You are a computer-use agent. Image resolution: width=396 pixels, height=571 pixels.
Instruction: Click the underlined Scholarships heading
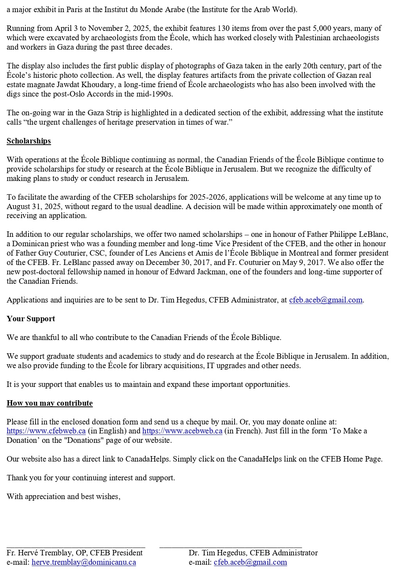tap(29, 141)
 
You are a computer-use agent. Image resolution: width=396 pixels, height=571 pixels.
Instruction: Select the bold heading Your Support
tap(31, 319)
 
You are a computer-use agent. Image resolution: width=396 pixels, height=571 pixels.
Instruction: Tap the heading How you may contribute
tap(50, 403)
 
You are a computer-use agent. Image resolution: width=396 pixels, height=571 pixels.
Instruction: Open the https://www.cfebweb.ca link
tap(46, 431)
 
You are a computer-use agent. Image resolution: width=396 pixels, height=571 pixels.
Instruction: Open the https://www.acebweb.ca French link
tap(182, 431)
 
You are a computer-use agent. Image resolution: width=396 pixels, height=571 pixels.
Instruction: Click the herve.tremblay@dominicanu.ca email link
tap(84, 562)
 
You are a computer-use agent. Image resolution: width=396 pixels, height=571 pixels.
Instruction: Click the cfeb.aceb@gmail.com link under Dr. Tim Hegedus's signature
tap(250, 562)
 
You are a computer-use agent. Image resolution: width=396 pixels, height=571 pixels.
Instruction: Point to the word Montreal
tap(303, 253)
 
